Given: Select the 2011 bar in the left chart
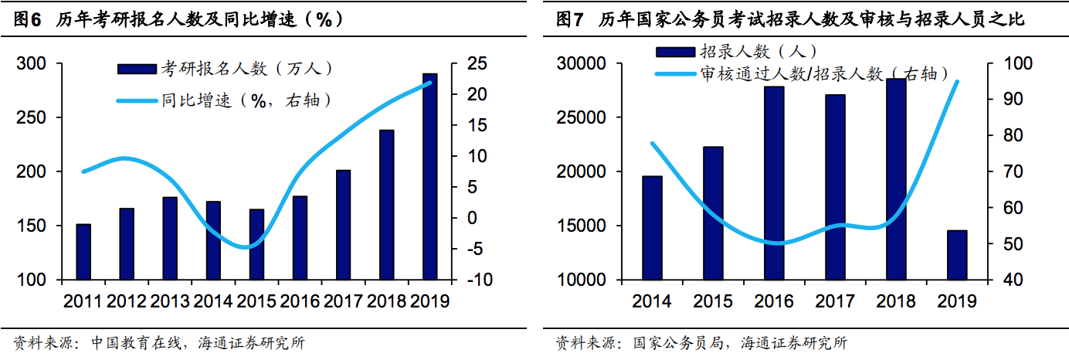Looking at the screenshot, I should point(83,252).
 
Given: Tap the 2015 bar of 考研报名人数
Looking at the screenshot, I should point(256,244).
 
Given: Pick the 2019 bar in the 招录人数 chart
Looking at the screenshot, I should point(957,255).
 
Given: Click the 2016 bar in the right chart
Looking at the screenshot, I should point(774,183).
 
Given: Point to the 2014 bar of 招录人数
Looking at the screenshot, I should point(652,228).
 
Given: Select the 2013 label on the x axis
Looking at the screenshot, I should point(170,301).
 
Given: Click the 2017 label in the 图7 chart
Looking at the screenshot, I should point(835,301).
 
